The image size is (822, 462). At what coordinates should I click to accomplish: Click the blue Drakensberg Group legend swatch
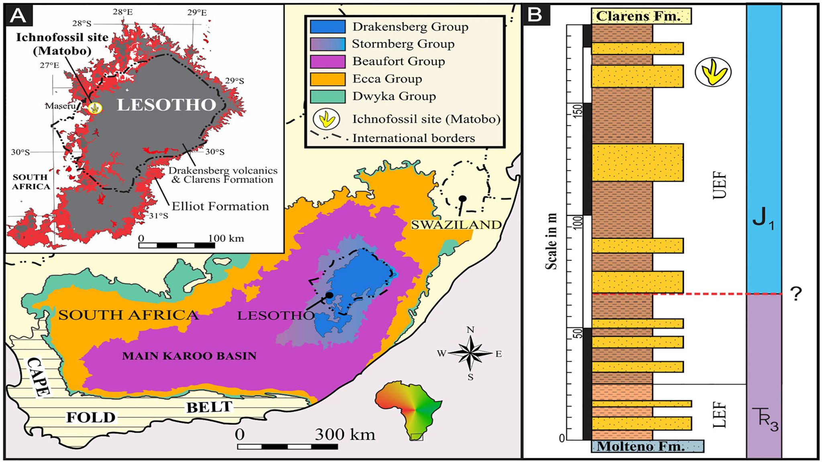point(328,26)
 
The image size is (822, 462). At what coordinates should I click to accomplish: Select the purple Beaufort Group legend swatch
point(328,61)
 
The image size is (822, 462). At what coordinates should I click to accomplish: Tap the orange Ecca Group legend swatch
point(328,79)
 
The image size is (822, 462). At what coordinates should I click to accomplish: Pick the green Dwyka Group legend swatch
point(328,96)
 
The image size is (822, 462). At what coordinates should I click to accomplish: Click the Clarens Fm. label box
point(641,16)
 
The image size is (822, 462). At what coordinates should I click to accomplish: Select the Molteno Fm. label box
point(647,446)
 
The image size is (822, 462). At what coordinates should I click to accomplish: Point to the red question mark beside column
point(796,294)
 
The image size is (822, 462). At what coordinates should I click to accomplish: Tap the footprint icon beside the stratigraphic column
point(713,72)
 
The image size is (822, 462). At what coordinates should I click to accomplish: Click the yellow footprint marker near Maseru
point(95,108)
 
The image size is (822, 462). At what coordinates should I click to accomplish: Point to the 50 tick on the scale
point(578,333)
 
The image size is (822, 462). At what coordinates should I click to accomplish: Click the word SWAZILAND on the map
point(456,225)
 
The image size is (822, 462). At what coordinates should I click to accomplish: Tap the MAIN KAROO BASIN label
point(189,356)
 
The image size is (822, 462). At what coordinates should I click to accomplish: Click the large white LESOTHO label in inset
point(167,105)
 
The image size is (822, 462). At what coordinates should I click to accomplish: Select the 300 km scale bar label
point(345,434)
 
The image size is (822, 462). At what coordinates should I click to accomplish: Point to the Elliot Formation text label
point(220,206)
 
